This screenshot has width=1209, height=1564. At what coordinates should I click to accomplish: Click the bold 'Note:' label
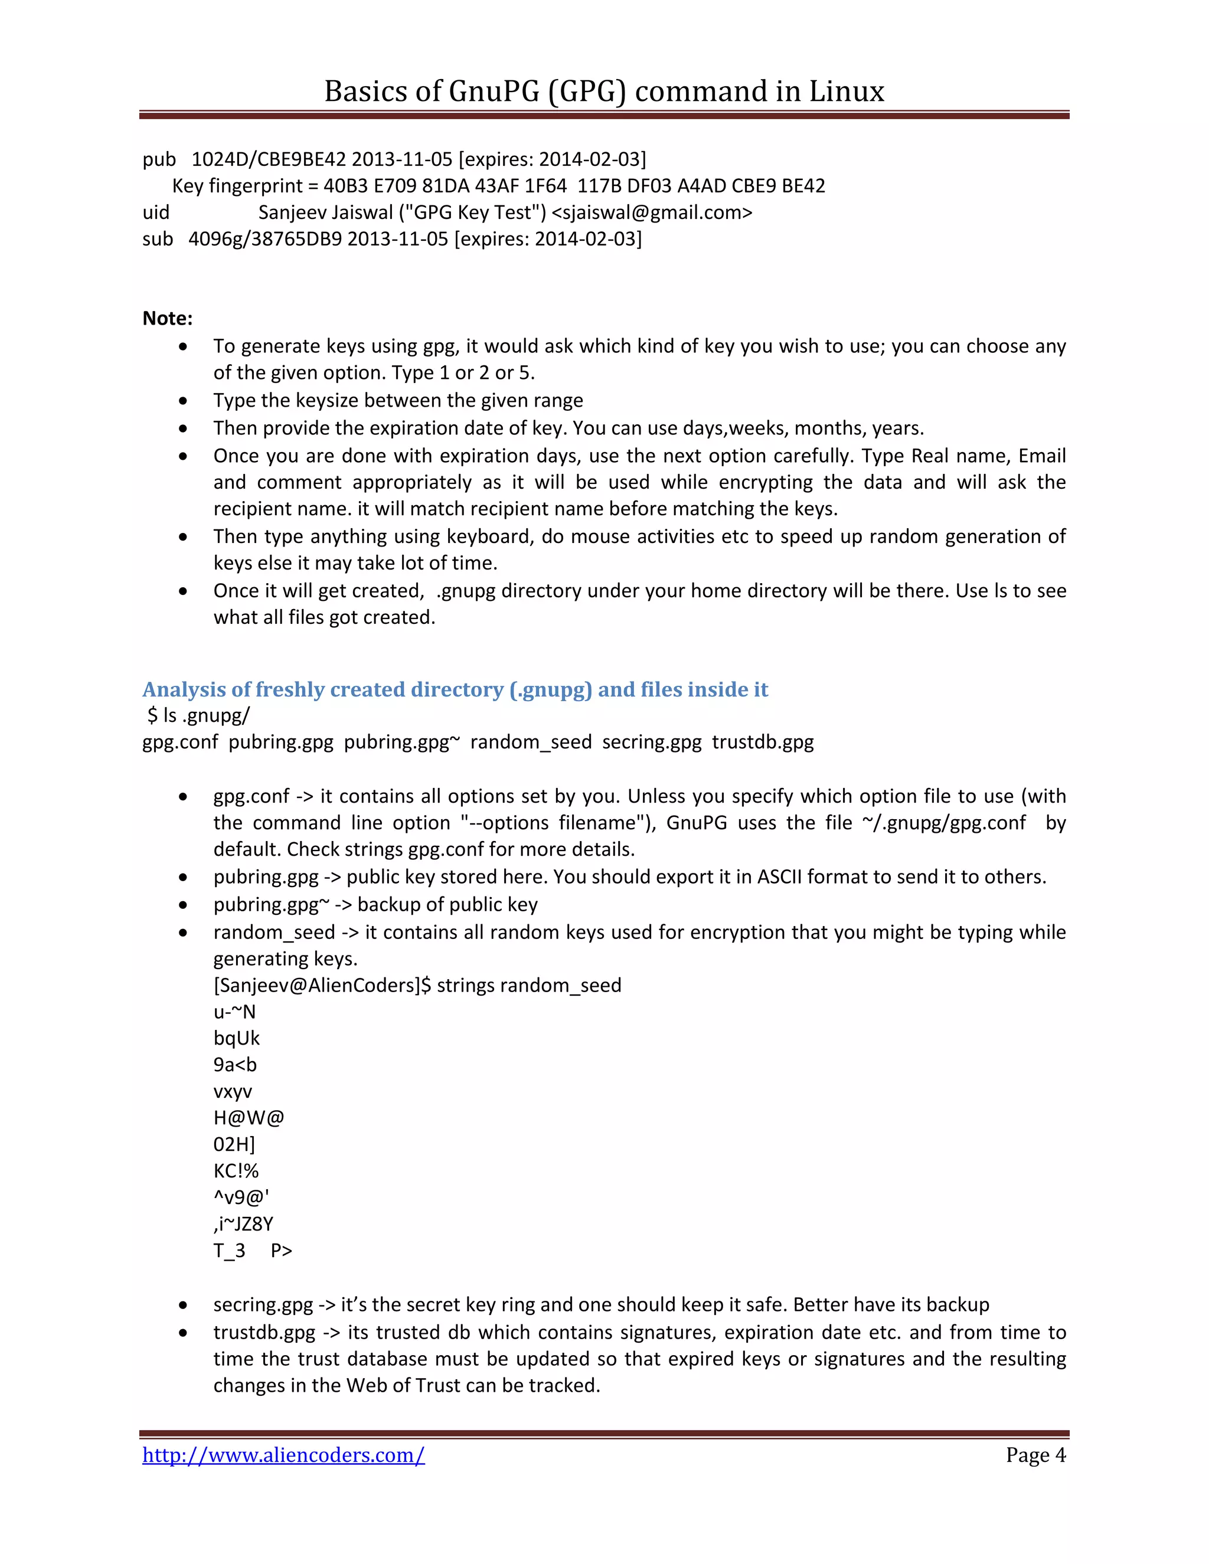tap(168, 318)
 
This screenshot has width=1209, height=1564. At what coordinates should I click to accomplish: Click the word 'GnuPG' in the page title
tap(494, 91)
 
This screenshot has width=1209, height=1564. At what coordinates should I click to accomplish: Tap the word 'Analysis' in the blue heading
tap(184, 689)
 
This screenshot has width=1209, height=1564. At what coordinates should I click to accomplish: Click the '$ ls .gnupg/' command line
tap(198, 715)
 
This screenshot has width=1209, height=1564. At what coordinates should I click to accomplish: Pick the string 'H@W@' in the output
tap(249, 1118)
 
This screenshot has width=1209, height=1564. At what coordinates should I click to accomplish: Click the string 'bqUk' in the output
tap(236, 1038)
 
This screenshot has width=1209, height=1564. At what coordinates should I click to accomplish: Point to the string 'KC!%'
tap(236, 1171)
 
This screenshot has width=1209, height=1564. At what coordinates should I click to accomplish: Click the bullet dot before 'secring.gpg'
tap(184, 1305)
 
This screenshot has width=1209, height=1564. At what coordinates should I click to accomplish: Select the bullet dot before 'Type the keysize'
tap(184, 401)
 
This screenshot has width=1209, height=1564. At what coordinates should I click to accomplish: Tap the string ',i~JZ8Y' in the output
tap(244, 1224)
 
